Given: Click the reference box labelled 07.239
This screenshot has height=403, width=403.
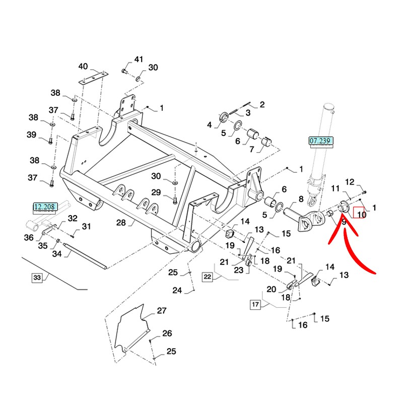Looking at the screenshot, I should click(321, 142).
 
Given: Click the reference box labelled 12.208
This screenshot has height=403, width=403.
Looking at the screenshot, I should click(46, 206).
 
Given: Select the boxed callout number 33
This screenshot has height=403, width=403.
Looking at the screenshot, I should click(37, 278).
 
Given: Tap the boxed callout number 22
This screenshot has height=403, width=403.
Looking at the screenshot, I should click(208, 276).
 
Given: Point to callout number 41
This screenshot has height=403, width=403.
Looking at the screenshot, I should click(139, 59).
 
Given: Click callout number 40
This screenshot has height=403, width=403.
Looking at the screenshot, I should click(83, 66).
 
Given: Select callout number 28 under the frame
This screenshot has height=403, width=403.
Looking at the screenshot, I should click(120, 223).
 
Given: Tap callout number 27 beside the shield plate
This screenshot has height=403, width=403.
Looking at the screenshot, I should click(161, 311).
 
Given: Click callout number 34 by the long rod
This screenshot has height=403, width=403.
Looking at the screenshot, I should click(57, 254).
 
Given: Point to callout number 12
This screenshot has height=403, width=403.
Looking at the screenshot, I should click(350, 182).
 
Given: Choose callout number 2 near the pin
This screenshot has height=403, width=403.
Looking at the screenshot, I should click(262, 105).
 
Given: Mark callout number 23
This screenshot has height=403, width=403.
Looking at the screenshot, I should click(238, 270).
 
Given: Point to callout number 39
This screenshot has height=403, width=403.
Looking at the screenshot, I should click(32, 135).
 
